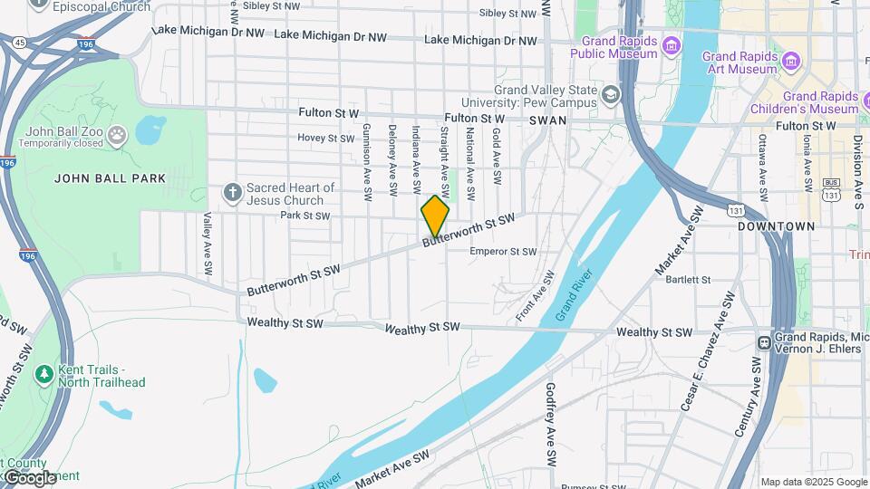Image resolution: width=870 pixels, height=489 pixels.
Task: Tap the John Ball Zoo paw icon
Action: [117, 136]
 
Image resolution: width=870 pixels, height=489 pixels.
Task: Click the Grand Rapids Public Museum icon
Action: [671, 45]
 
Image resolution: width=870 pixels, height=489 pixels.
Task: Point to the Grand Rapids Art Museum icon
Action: [791, 61]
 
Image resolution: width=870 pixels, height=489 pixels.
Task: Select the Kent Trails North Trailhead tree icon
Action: [43, 373]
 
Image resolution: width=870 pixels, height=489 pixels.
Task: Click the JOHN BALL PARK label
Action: [111, 178]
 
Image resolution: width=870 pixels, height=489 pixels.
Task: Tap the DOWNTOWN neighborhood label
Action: [777, 225]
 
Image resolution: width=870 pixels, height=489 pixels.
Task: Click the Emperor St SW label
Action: [503, 252]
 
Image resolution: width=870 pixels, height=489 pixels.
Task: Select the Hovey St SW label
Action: [326, 139]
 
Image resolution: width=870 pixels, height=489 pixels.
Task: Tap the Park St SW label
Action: [304, 216]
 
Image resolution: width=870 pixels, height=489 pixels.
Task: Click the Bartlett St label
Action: [689, 280]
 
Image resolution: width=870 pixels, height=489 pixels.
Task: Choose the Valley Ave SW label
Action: [208, 244]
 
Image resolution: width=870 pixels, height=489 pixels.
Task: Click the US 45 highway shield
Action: [19, 41]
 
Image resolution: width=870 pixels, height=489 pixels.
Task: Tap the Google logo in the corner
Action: [30, 477]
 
